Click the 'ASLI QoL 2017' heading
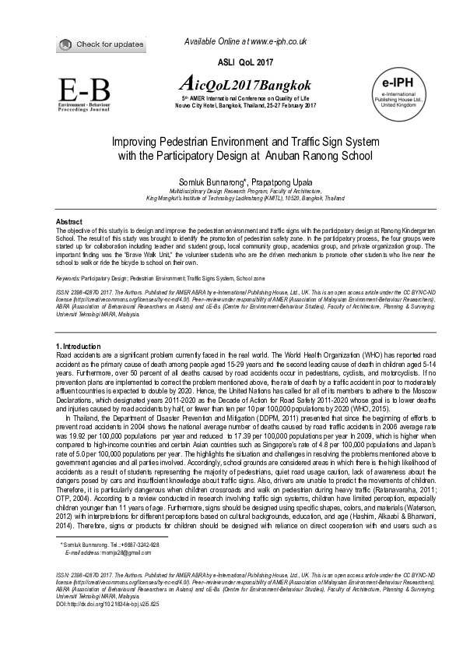(231, 60)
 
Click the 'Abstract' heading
(71, 222)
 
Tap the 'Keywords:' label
(71, 277)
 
